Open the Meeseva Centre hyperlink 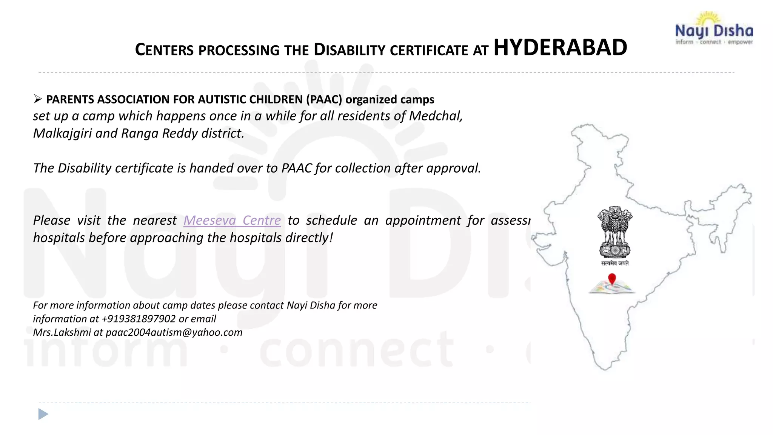pyautogui.click(x=232, y=220)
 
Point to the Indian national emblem pyautogui.click(x=614, y=232)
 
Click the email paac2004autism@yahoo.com pyautogui.click(x=174, y=332)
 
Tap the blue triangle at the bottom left pyautogui.click(x=43, y=414)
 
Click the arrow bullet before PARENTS pyautogui.click(x=37, y=99)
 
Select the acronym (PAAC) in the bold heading pyautogui.click(x=324, y=99)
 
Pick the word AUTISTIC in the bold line pyautogui.click(x=222, y=99)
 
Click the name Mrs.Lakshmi pyautogui.click(x=62, y=332)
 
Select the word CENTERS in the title pyautogui.click(x=164, y=50)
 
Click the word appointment pyautogui.click(x=423, y=220)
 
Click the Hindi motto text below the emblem pyautogui.click(x=615, y=263)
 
